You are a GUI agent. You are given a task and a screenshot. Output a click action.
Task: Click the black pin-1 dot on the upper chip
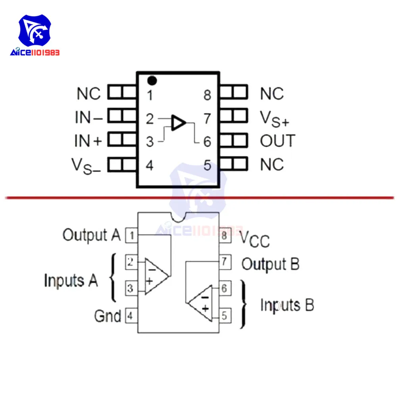click(x=152, y=81)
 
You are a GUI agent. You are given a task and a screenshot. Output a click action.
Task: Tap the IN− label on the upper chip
click(x=89, y=118)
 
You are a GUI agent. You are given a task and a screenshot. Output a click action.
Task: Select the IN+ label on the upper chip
click(x=88, y=141)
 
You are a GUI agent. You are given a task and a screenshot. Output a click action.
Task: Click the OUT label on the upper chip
click(x=278, y=141)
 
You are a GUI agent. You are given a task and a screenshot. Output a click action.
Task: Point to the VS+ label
click(x=274, y=118)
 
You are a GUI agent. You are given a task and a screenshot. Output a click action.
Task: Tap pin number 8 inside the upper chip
click(x=207, y=95)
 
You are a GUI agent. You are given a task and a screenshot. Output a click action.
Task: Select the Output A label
click(x=91, y=235)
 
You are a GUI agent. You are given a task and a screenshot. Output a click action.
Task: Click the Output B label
click(x=270, y=264)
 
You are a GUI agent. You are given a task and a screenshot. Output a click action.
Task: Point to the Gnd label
click(x=107, y=316)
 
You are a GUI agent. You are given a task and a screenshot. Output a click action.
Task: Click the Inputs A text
click(x=71, y=280)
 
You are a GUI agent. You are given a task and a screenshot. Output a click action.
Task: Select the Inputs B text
click(x=287, y=305)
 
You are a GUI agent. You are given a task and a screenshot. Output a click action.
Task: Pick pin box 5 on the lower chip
click(x=224, y=315)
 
